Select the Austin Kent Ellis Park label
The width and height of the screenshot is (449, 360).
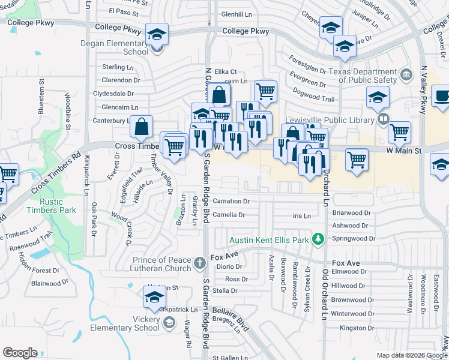click(x=268, y=239)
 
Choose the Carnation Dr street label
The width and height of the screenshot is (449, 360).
click(x=231, y=201)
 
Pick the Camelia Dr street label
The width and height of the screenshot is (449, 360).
click(x=229, y=215)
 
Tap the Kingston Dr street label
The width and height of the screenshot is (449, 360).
click(x=357, y=328)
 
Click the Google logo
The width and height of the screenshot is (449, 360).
click(x=20, y=353)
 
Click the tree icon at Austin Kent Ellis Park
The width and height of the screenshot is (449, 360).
click(x=319, y=239)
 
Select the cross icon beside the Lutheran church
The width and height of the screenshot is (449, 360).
click(x=200, y=262)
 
